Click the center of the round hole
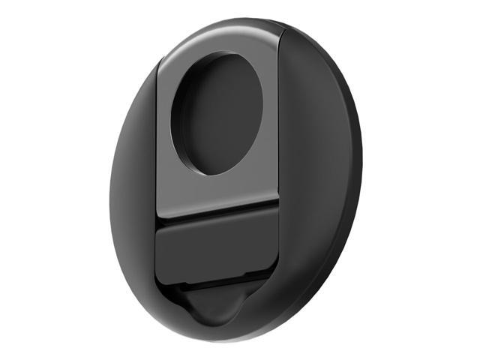tap(219, 114)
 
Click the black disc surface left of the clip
tap(135, 187)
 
